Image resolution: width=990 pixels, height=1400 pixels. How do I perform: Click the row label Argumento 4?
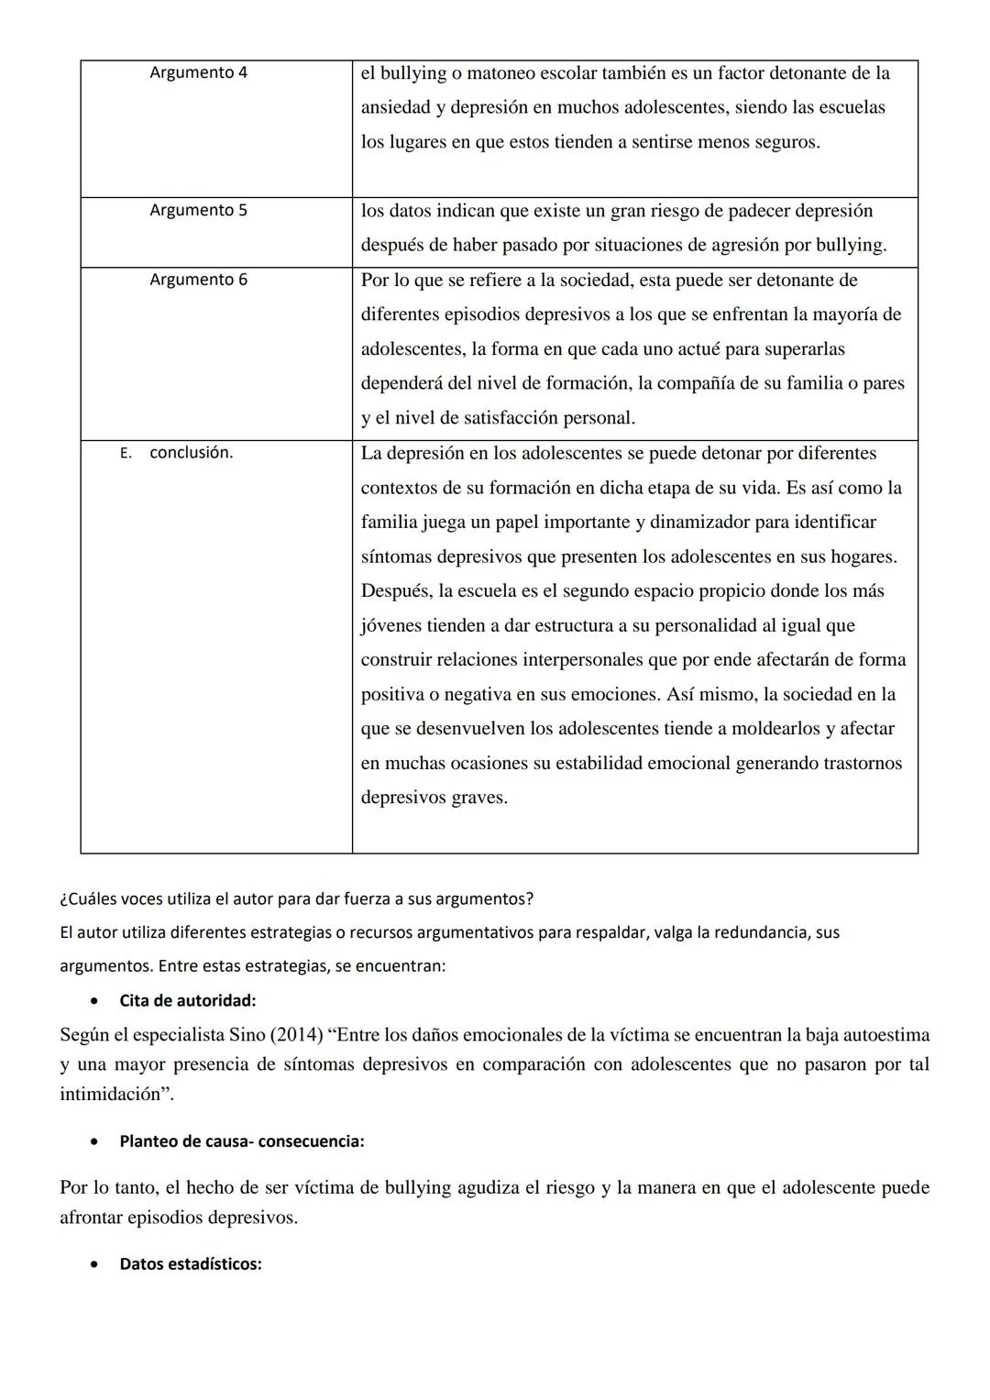coord(198,72)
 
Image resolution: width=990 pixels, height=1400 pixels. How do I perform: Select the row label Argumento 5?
coord(198,210)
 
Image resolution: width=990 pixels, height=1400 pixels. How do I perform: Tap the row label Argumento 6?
coord(198,280)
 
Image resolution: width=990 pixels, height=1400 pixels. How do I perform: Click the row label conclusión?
coord(191,453)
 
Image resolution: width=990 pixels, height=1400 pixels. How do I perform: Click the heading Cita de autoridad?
coord(187,1000)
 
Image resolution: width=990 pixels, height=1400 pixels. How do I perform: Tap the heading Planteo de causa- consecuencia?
coord(241,1141)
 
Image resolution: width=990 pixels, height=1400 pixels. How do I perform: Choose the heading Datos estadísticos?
coord(190,1264)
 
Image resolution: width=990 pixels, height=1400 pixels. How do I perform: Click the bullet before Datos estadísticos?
coord(94,1264)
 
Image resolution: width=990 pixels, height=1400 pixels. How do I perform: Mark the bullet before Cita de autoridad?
coord(94,1000)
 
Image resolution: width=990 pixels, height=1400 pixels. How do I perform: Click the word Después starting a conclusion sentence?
coord(396,591)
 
